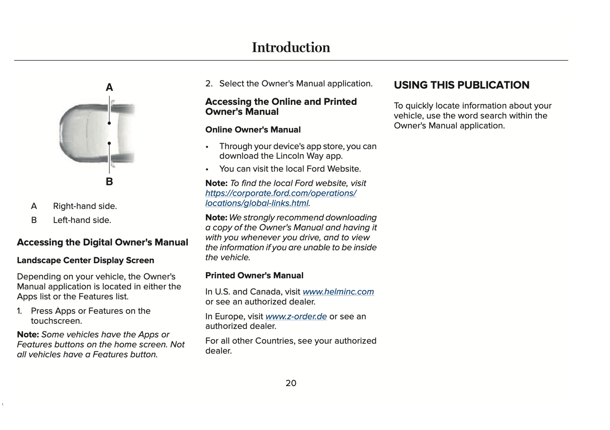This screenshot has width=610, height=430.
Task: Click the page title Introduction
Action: click(x=291, y=47)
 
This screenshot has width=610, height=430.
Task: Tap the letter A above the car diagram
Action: click(x=109, y=87)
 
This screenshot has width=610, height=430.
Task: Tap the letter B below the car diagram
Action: click(x=109, y=182)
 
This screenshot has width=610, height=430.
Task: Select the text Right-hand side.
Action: click(x=85, y=206)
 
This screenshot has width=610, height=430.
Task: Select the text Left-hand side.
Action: click(x=82, y=220)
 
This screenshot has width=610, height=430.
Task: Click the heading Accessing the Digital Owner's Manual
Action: click(x=103, y=242)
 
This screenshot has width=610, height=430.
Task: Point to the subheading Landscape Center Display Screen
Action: click(x=85, y=260)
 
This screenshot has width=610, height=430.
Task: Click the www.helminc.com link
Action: click(x=338, y=292)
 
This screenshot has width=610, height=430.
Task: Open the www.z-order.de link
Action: click(x=296, y=316)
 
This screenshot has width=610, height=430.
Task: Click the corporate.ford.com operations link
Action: click(x=281, y=193)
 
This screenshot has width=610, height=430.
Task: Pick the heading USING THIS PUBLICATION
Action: click(x=461, y=85)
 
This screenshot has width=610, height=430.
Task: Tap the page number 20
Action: click(x=291, y=383)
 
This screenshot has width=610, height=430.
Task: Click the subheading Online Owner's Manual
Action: click(x=253, y=130)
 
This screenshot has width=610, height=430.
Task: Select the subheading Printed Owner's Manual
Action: click(x=254, y=275)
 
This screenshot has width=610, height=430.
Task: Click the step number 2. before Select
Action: click(x=209, y=84)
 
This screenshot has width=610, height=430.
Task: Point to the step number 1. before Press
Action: click(x=19, y=311)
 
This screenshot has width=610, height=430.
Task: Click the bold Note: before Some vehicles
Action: click(x=28, y=335)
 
